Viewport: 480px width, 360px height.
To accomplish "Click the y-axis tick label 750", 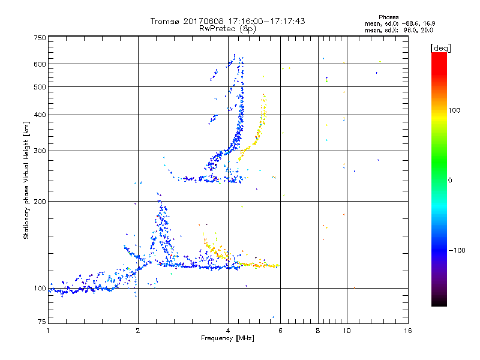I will click(40, 38).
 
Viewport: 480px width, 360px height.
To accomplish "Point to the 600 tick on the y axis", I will click(40, 64).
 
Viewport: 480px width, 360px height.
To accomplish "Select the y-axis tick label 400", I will click(40, 115).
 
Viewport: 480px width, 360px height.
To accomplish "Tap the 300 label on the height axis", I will click(40, 151).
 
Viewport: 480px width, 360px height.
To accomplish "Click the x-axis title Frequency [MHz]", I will click(228, 339).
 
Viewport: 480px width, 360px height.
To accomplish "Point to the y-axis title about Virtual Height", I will click(26, 181).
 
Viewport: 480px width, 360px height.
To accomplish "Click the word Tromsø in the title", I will click(166, 21).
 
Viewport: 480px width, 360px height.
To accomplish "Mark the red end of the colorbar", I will click(439, 55).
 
